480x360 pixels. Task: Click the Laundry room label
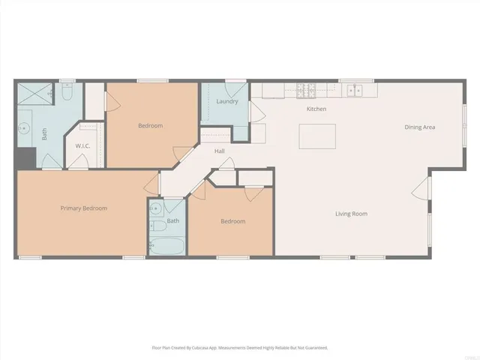pos(227,101)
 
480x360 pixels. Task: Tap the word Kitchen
pos(316,109)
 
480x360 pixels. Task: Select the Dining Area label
pos(419,127)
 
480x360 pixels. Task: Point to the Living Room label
pos(351,214)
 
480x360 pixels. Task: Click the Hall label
pos(220,151)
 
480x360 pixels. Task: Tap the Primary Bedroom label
pos(83,208)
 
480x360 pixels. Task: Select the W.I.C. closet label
pos(82,145)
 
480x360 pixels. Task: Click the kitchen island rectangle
pos(315,136)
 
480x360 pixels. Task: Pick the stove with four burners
pos(306,91)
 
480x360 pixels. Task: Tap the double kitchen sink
pos(352,91)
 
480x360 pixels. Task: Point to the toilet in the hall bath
pos(157,226)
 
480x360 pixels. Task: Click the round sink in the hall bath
pos(156,208)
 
